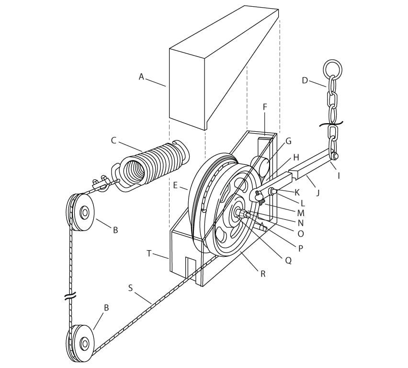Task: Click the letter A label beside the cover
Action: coord(141,77)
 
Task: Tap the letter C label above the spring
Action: coord(113,141)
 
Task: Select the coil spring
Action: coord(151,166)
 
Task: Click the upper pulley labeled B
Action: coord(80,212)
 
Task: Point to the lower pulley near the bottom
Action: coord(80,343)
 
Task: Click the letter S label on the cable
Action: coord(130,288)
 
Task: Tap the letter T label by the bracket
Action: coord(149,253)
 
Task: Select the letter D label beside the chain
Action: coord(305,80)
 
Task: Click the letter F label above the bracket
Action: coord(265,107)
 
